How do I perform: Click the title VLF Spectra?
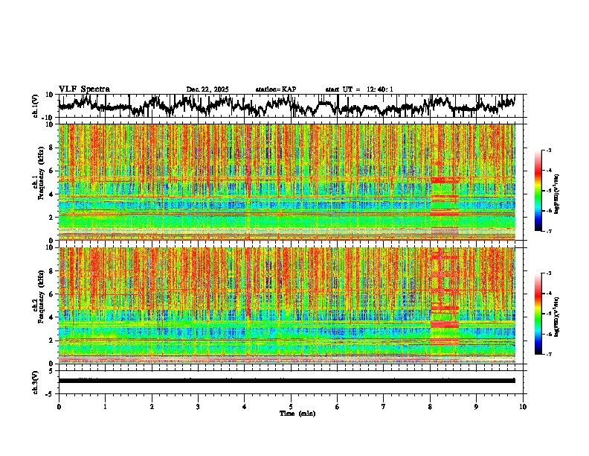(x=84, y=89)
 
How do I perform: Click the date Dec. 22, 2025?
(x=207, y=89)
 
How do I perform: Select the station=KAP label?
(x=275, y=89)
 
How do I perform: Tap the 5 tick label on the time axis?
(x=291, y=406)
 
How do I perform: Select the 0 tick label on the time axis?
(x=59, y=406)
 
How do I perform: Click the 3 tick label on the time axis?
(x=198, y=406)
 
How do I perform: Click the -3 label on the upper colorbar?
(x=548, y=151)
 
